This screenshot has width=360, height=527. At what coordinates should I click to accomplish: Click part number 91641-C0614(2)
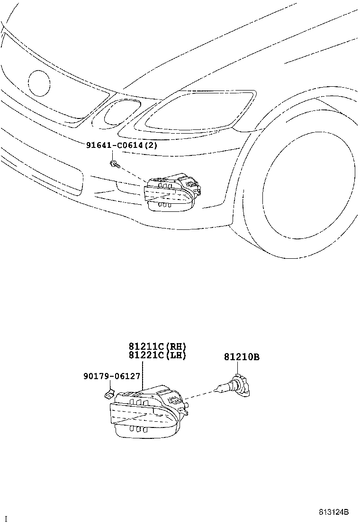[121, 145]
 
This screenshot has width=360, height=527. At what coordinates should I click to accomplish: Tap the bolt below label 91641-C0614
[114, 164]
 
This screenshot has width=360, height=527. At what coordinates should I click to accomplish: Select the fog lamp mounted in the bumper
[171, 192]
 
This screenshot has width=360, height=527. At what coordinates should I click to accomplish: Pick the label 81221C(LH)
[157, 355]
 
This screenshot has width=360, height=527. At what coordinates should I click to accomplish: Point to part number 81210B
[242, 358]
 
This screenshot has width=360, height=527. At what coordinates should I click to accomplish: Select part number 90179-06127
[112, 376]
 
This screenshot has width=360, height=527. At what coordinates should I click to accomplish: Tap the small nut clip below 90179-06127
[108, 393]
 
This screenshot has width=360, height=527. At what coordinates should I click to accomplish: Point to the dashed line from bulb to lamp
[199, 395]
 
